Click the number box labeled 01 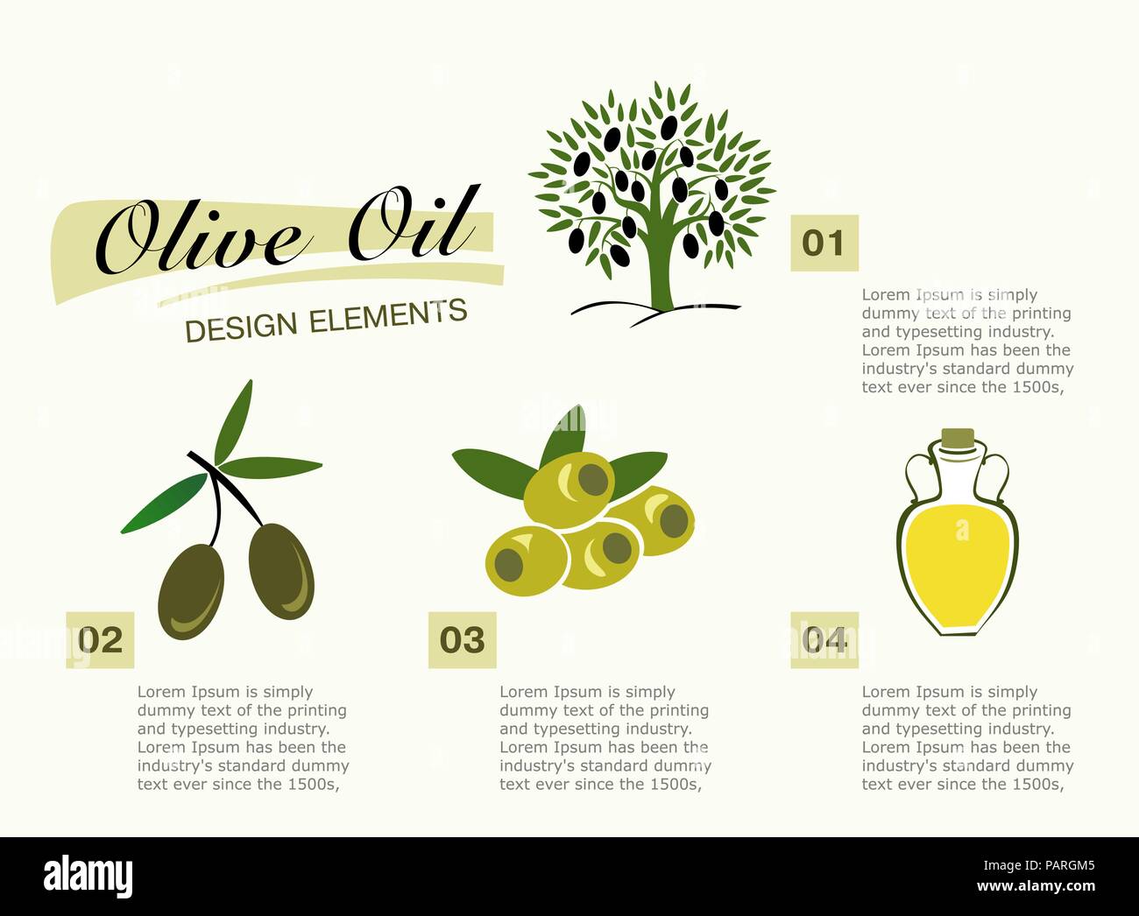coord(824,243)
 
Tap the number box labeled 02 coord(100,640)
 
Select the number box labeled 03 coord(462,640)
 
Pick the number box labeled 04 coord(824,640)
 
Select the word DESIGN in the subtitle coord(242,327)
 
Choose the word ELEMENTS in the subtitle coord(388,315)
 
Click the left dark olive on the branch coord(190,589)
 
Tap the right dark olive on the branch coord(281,571)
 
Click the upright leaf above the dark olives coord(233,420)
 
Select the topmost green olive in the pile coord(569,488)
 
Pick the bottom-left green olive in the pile coord(526,560)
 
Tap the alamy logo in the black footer coord(88,876)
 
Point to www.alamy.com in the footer coord(1036,886)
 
